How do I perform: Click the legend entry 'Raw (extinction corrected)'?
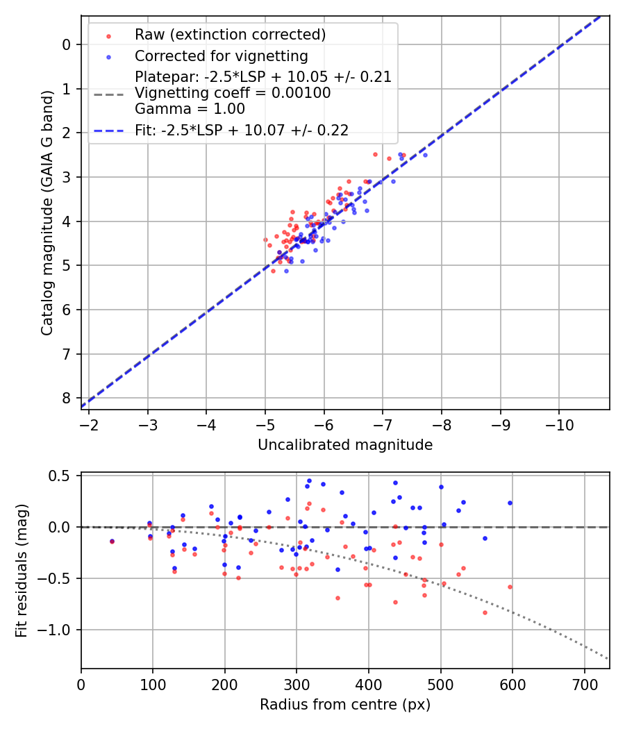pos(230,35)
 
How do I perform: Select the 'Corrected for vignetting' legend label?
pos(222,56)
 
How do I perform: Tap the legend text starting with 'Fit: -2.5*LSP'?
pos(242,130)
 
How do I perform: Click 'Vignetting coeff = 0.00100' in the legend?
pos(233,93)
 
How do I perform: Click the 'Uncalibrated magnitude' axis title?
pos(345,445)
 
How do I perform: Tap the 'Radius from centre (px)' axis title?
pos(345,705)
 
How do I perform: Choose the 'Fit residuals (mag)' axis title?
pos(22,571)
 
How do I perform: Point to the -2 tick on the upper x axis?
pos(89,424)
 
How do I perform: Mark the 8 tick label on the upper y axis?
pos(67,398)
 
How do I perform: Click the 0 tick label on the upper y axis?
pos(67,44)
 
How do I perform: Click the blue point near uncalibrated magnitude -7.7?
pos(425,155)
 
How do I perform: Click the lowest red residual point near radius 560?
pos(485,612)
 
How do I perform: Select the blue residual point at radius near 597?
pos(510,503)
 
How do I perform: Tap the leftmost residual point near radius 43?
pos(112,542)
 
